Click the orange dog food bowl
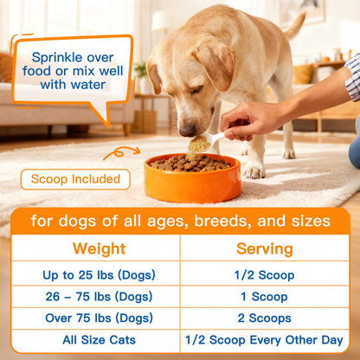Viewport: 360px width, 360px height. pyautogui.click(x=192, y=183)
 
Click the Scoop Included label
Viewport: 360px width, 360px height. pyautogui.click(x=75, y=179)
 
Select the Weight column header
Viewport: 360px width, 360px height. pyautogui.click(x=99, y=249)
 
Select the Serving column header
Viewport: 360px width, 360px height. pyautogui.click(x=264, y=249)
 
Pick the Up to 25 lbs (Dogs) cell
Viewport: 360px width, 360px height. pyautogui.click(x=99, y=275)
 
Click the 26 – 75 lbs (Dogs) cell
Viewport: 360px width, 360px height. pyautogui.click(x=99, y=297)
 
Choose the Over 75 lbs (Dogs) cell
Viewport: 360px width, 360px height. pyautogui.click(x=99, y=318)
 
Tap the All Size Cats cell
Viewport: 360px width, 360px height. pyautogui.click(x=99, y=340)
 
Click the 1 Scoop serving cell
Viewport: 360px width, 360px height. pyautogui.click(x=264, y=297)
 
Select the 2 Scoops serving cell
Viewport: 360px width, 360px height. pyautogui.click(x=264, y=318)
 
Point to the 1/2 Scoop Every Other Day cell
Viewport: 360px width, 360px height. pyautogui.click(x=264, y=340)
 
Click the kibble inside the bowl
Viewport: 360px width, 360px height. pyautogui.click(x=192, y=163)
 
